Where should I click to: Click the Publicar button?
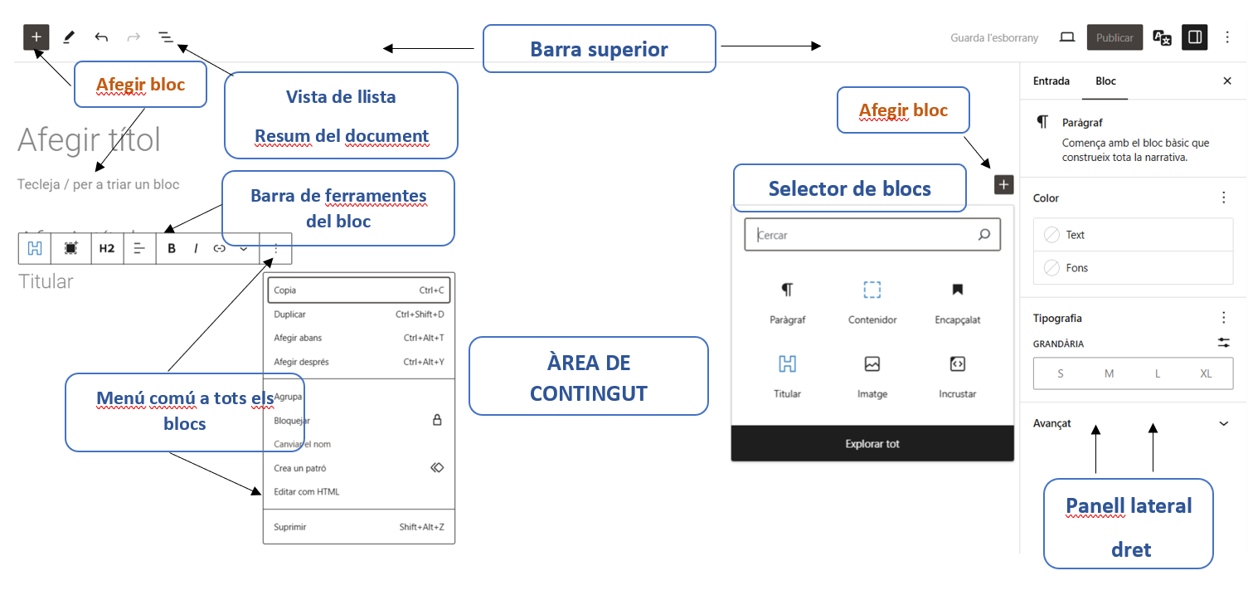point(1114,38)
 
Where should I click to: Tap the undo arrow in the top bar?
point(101,37)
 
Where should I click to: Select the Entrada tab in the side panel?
point(1051,81)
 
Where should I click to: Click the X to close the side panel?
point(1227,81)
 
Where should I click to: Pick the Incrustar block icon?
point(957,364)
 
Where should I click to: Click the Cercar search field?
point(862,235)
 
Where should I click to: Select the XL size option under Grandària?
point(1206,374)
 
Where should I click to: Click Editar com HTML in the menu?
point(307,492)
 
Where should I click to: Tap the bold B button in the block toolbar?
point(172,248)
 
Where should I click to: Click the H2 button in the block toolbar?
point(107,248)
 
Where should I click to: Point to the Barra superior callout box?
point(599,49)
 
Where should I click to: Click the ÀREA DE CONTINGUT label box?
point(588,377)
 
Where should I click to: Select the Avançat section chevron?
point(1224,424)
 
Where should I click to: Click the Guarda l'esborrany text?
point(993,38)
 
